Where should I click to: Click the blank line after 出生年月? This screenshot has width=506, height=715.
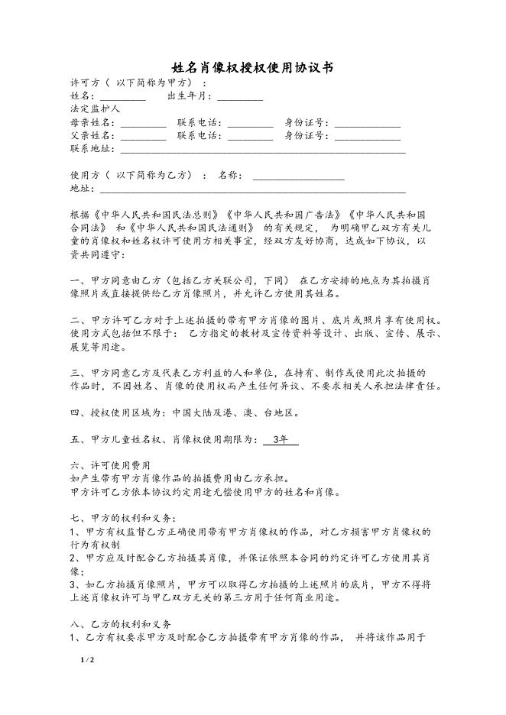tap(240, 97)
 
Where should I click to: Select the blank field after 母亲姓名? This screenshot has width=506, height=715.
tap(143, 123)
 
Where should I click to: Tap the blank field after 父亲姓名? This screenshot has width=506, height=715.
tap(143, 137)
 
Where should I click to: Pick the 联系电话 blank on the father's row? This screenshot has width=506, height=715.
tap(250, 137)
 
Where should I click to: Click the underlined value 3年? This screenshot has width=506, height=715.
tap(280, 440)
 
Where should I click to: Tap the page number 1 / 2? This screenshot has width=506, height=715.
tap(86, 658)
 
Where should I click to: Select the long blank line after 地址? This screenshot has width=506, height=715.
tap(252, 189)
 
